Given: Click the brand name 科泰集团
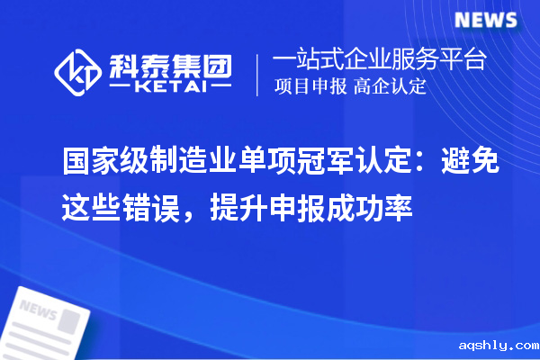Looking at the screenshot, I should pos(169,64).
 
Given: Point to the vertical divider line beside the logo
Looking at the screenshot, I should pos(259,74).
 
